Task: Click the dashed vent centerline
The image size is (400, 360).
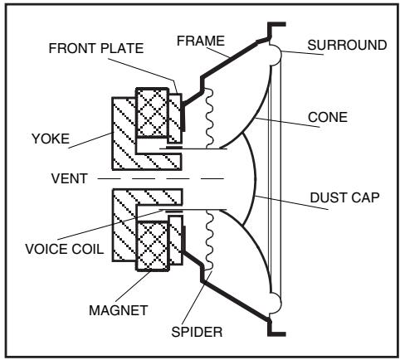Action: pos(166,178)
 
